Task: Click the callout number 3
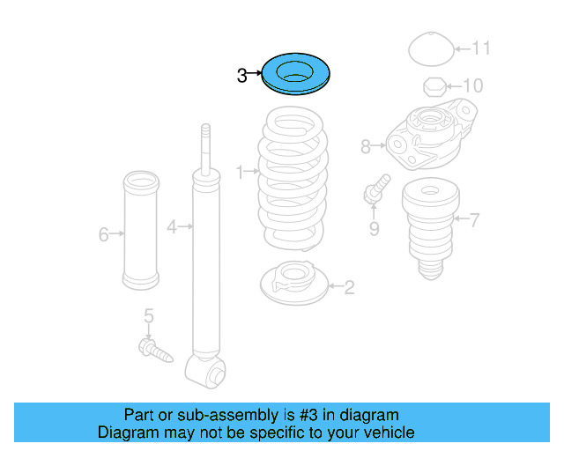coord(242,76)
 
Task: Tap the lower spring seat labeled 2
coord(294,283)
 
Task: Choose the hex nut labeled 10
coord(434,86)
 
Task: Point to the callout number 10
coord(473,85)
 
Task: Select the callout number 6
coord(103,234)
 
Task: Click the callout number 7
coord(474,220)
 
